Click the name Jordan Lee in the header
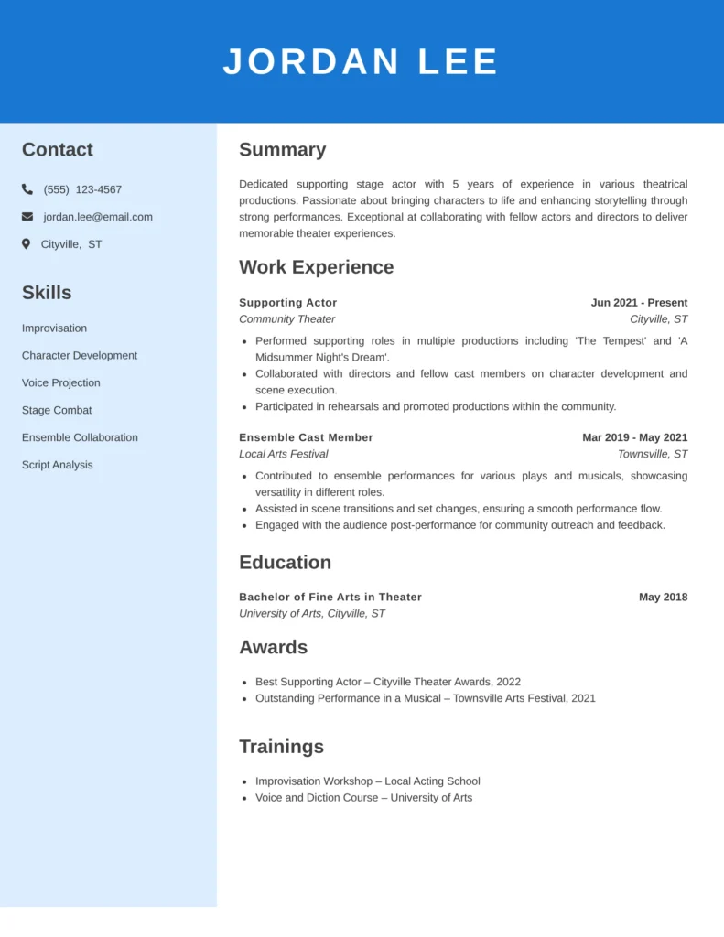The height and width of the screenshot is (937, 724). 361,62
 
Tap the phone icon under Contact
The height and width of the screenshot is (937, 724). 27,189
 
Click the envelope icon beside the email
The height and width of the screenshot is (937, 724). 27,217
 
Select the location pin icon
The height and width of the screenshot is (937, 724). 27,244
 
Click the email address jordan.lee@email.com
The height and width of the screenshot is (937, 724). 98,217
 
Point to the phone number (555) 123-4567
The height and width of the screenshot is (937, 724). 82,189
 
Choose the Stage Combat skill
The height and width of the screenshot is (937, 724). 57,410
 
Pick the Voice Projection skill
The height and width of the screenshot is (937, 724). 61,382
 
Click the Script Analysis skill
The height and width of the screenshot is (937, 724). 58,465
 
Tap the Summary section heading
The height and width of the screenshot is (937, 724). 282,150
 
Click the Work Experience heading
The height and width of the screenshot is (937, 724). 316,267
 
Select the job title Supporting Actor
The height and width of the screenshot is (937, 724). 287,303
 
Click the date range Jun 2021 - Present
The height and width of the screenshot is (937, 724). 639,303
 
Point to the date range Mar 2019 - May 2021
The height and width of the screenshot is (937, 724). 634,437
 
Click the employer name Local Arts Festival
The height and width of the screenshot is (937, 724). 283,454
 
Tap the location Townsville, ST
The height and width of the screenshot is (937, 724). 653,454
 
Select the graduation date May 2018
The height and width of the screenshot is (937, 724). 663,597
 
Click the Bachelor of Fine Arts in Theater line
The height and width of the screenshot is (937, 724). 330,597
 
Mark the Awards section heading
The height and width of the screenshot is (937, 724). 273,647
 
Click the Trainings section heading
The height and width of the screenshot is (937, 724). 281,747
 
